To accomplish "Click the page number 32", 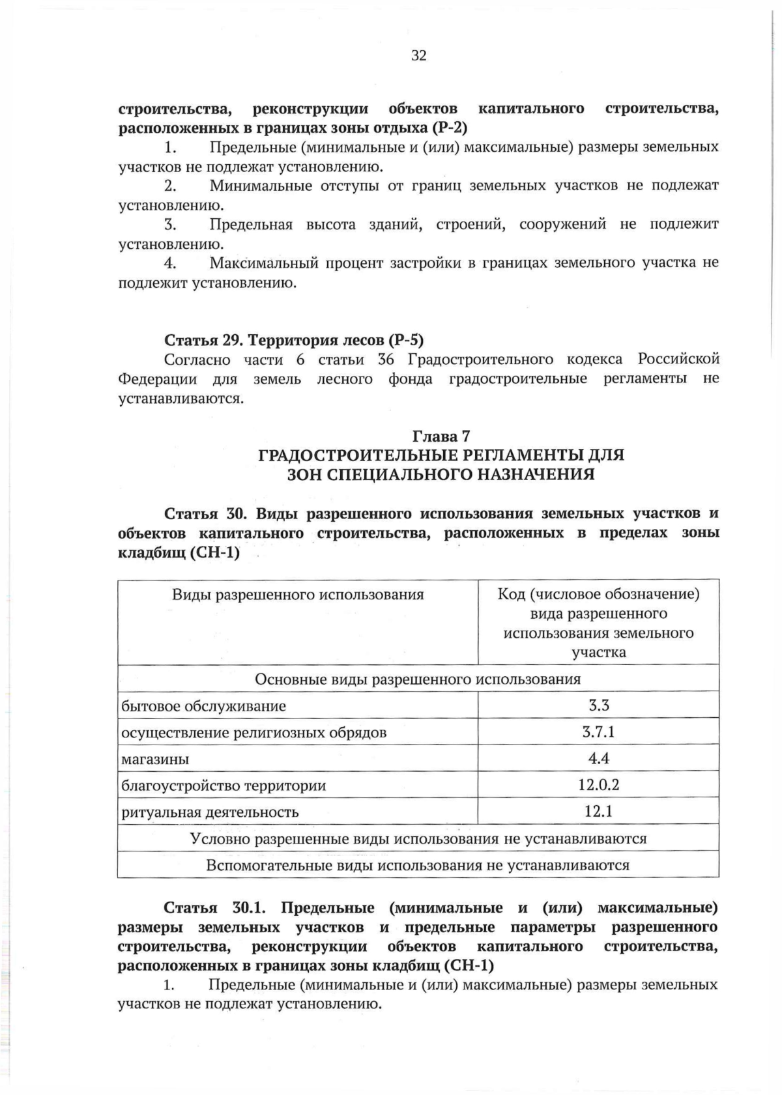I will [x=419, y=56].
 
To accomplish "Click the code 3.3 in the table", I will [x=598, y=705].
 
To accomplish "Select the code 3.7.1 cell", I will [x=598, y=732].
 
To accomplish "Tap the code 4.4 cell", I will [x=598, y=758].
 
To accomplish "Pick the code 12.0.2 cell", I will [x=598, y=785].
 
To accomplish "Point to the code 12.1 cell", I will [x=598, y=812].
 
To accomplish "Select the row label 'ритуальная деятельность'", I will [x=210, y=812].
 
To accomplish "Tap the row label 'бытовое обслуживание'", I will [x=203, y=706].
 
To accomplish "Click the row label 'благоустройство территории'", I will [x=224, y=786].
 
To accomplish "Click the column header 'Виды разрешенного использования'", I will [x=298, y=595].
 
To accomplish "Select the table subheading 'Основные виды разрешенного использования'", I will [x=418, y=679].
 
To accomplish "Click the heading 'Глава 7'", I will [x=441, y=436].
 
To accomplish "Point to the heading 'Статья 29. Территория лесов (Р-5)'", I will [x=294, y=340].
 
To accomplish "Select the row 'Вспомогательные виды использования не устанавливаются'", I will [x=418, y=866].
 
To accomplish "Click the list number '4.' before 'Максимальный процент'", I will [x=171, y=263].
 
